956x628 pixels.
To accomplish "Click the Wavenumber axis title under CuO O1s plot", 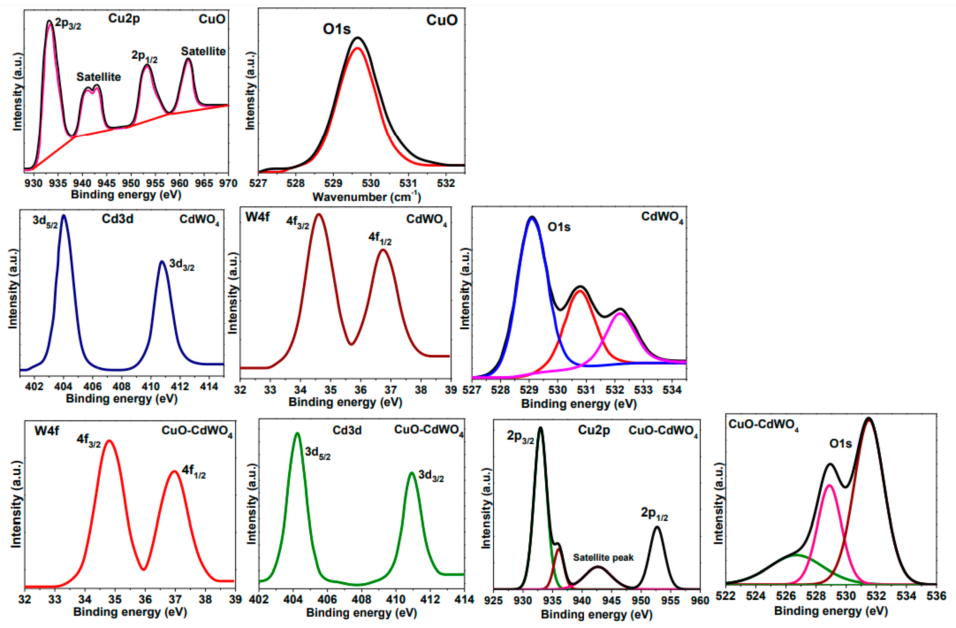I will (x=366, y=197).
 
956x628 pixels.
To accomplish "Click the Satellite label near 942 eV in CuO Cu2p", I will (x=99, y=77).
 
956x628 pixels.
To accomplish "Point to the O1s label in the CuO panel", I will (x=337, y=29).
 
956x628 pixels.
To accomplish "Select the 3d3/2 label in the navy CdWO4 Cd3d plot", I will (x=182, y=265).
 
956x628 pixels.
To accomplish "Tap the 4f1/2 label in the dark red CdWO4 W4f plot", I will (x=380, y=238).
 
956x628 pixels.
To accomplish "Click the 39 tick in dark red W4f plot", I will (x=451, y=390).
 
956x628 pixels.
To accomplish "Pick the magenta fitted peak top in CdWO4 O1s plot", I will (x=620, y=313).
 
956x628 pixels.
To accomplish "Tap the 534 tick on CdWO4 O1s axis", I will (x=672, y=390).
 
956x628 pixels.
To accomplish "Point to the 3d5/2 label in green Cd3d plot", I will (x=317, y=453).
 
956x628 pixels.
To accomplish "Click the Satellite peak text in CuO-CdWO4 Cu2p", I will (x=603, y=557).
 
